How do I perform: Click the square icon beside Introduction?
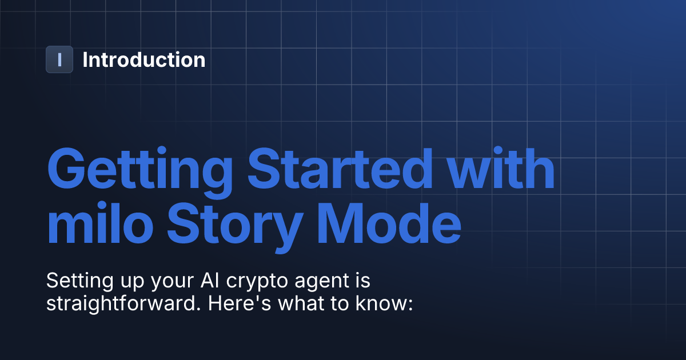tap(59, 59)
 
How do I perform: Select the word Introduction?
tap(143, 59)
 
